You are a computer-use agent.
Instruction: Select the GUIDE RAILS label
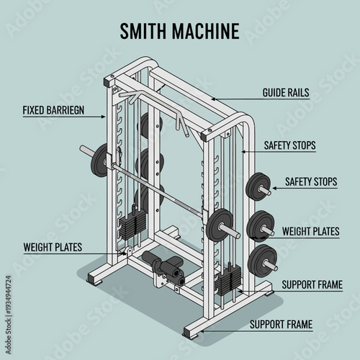coord(286,93)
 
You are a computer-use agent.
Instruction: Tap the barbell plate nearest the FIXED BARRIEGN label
coord(99,161)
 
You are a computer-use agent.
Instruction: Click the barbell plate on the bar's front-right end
coord(217,225)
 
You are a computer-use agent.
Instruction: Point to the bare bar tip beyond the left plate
coord(85,150)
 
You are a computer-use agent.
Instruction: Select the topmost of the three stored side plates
coord(256,188)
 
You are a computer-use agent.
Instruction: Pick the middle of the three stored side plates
coord(259,225)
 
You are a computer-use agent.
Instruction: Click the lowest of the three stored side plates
coord(264,259)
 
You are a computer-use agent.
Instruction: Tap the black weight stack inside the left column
coord(132,222)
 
